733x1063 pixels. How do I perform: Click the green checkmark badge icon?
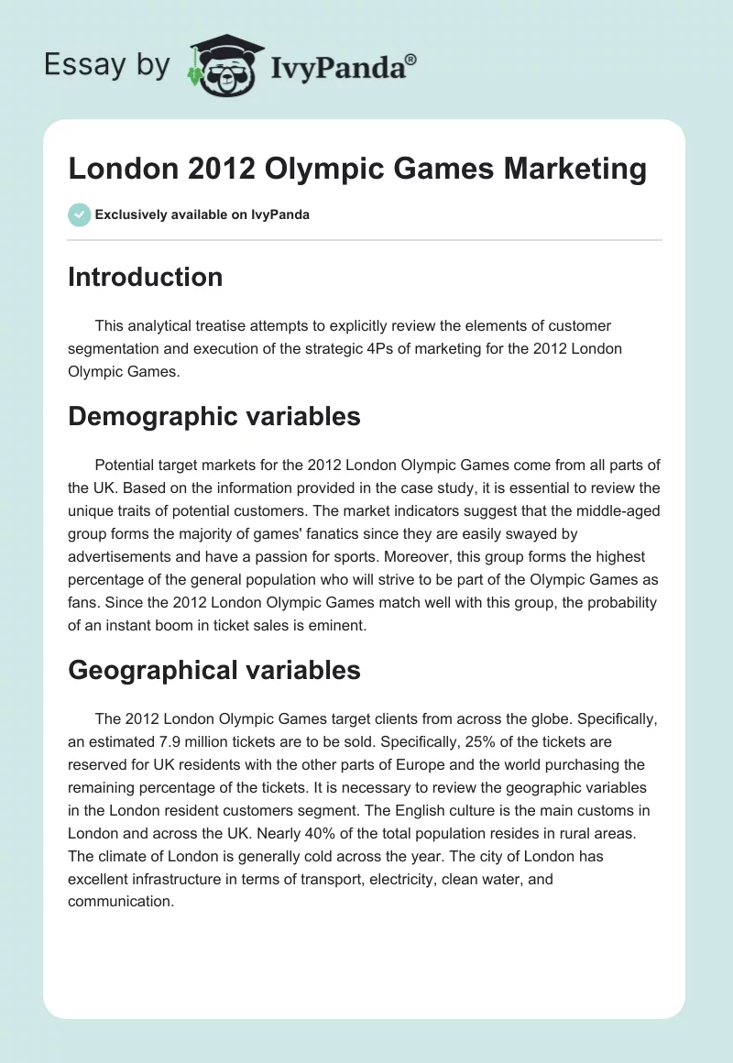79,214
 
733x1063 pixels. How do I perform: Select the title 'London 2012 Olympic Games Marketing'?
357,169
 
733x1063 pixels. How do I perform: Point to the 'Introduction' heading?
145,278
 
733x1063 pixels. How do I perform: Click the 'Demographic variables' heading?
213,417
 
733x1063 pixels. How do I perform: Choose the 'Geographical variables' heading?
213,671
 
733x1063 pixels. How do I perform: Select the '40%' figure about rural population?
457,835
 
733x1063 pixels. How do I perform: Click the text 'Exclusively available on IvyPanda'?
202,215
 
